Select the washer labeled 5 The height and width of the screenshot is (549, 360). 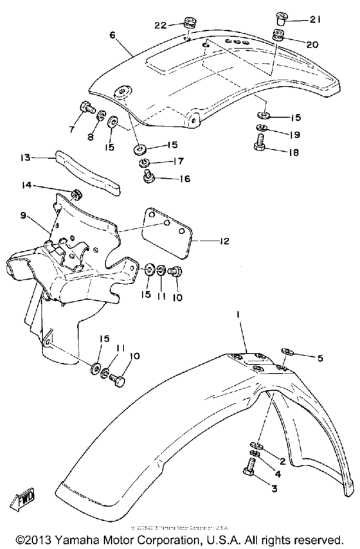(286, 352)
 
